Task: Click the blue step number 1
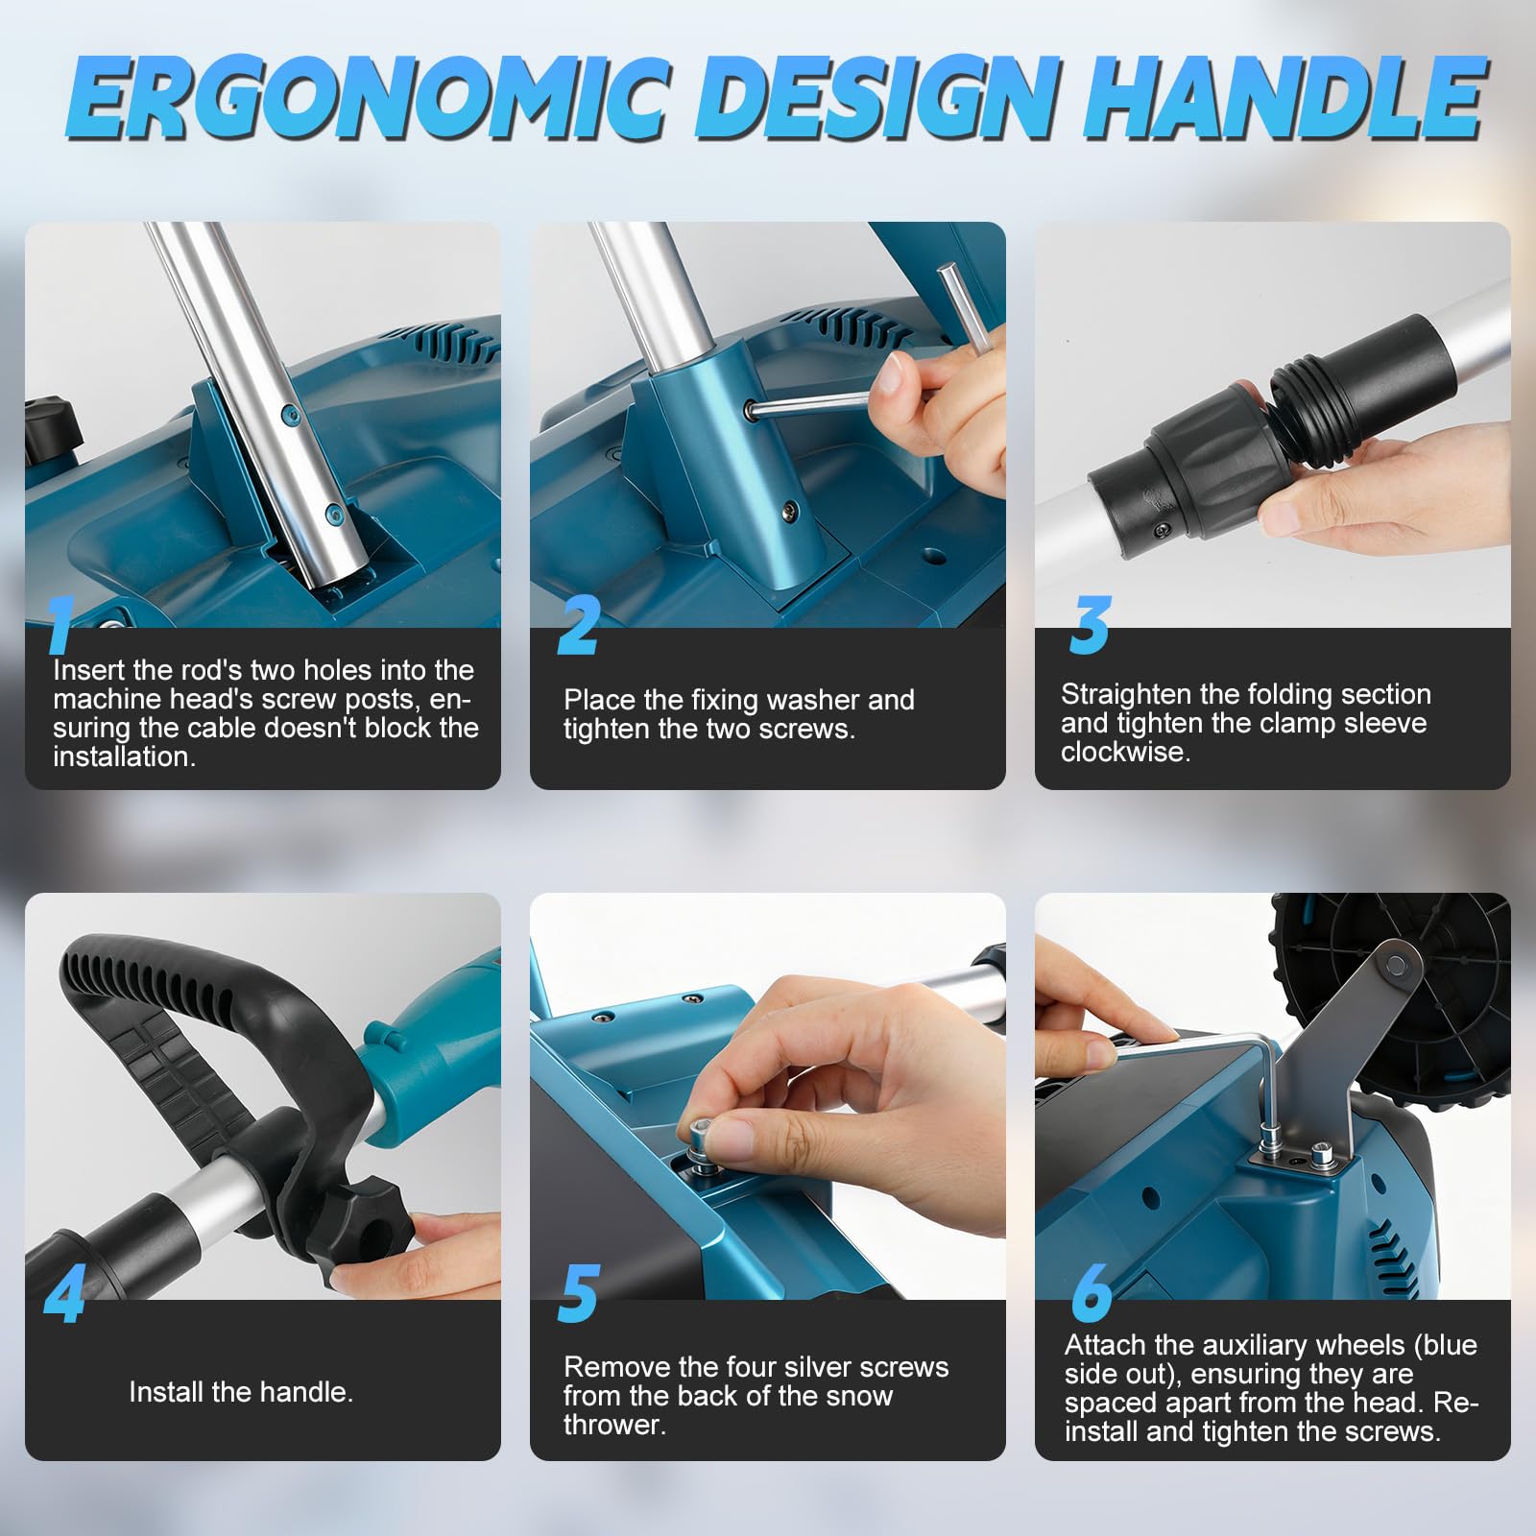coord(60,624)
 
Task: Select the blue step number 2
coord(580,625)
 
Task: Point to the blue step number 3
coord(1090,625)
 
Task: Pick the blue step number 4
coord(64,1293)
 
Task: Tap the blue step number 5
coord(579,1293)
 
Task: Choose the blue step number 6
coord(1092,1293)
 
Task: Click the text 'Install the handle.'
coord(241,1392)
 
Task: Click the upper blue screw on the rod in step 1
coord(285,413)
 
